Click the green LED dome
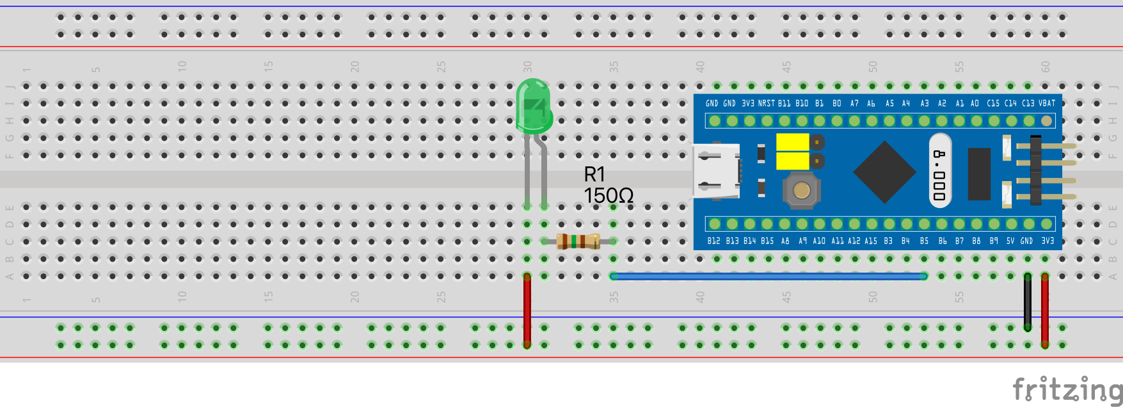click(534, 106)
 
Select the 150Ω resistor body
click(578, 241)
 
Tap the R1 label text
click(594, 174)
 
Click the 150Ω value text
click(609, 196)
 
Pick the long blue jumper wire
click(768, 276)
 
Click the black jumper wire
click(1028, 301)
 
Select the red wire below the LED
click(527, 310)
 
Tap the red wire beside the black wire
click(1045, 310)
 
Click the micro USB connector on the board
click(716, 170)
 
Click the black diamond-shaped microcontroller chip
click(884, 172)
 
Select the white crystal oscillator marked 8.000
click(939, 170)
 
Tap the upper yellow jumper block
click(792, 141)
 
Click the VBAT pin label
click(1047, 103)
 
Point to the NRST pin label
click(766, 103)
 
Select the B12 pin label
click(713, 241)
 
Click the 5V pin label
click(1010, 241)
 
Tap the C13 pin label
click(1028, 103)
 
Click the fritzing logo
click(1067, 389)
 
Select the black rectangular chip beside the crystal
click(979, 173)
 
